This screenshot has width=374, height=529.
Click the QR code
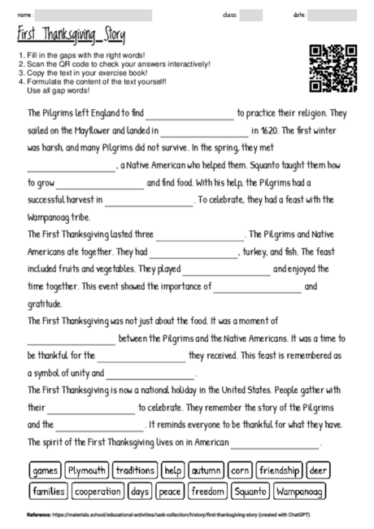pyautogui.click(x=333, y=68)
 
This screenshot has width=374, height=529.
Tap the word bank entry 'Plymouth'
pyautogui.click(x=86, y=470)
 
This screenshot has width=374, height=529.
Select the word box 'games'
pyautogui.click(x=46, y=470)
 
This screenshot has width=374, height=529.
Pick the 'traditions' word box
pyautogui.click(x=135, y=470)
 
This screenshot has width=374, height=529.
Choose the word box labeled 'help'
pyautogui.click(x=173, y=470)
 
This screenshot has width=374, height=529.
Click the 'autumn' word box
pyautogui.click(x=207, y=470)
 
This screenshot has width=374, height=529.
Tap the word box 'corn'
pyautogui.click(x=241, y=470)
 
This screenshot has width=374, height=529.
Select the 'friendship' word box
pyautogui.click(x=280, y=470)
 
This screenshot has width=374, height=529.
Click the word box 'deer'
pyautogui.click(x=319, y=470)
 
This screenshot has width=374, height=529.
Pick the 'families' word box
pyautogui.click(x=49, y=492)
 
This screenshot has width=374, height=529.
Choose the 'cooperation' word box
pyautogui.click(x=98, y=492)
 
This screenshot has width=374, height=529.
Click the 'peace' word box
pyautogui.click(x=171, y=492)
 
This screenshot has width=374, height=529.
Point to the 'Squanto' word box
pyautogui.click(x=250, y=492)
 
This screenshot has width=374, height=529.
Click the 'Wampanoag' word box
pyautogui.click(x=300, y=492)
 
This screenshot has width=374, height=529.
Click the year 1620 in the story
pyautogui.click(x=272, y=129)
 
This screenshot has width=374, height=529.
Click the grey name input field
pyautogui.click(x=93, y=15)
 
